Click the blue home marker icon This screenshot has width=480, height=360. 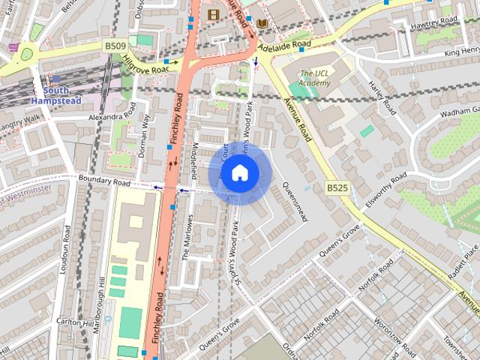(x=239, y=173)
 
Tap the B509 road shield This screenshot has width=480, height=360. (x=115, y=46)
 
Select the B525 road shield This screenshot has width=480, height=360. (x=337, y=187)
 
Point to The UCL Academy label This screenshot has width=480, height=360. (x=314, y=77)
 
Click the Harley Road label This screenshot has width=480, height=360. (x=382, y=98)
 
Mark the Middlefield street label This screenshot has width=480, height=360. (x=194, y=158)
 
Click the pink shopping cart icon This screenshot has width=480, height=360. (x=13, y=46)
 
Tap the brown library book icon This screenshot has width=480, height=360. (x=262, y=24)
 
